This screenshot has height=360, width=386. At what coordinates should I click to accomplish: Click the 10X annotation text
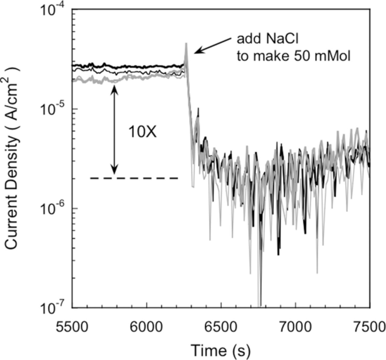(143, 132)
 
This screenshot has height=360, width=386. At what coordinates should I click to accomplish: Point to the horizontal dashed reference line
(134, 178)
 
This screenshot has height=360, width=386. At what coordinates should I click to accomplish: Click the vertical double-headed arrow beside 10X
(114, 130)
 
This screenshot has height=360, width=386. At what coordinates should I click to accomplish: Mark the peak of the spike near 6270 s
(186, 44)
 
